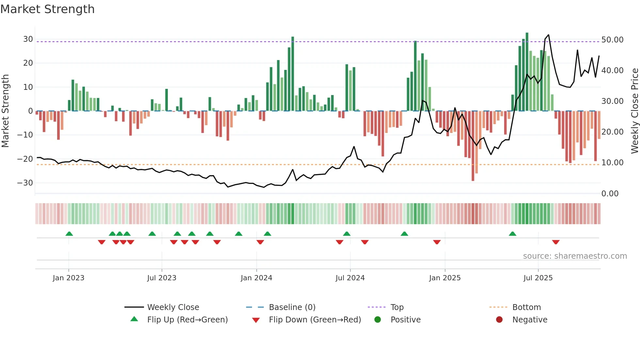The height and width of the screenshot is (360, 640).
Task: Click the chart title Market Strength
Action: click(x=47, y=9)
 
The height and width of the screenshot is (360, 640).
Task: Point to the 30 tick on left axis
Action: click(x=28, y=39)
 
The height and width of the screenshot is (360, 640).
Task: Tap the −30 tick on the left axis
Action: click(x=25, y=183)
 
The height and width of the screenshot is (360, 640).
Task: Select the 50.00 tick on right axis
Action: click(x=612, y=40)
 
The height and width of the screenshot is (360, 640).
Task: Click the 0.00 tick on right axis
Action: click(x=610, y=194)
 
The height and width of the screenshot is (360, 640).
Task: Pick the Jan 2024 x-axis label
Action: click(x=256, y=278)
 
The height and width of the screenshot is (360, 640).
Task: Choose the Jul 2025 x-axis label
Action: click(x=538, y=278)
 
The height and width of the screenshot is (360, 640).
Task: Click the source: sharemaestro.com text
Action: click(x=575, y=256)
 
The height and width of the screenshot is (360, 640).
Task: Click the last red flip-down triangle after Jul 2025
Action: click(x=556, y=242)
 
